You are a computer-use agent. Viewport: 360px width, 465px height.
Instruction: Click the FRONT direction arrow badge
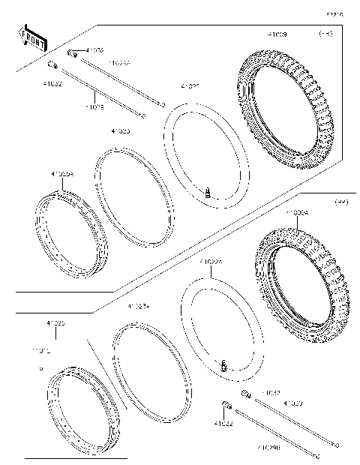pos(31,35)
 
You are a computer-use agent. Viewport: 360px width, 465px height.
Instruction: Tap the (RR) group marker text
pos(341,202)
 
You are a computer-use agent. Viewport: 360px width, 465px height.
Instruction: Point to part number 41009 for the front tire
pos(277,34)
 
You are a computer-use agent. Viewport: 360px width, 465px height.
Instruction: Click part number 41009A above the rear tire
pos(295,213)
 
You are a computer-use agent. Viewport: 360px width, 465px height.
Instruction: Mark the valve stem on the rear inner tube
pos(223,366)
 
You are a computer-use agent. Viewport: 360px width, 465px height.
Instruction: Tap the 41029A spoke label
pos(119,64)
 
